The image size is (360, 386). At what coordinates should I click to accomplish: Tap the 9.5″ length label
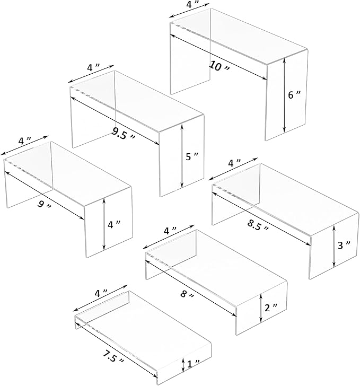(x=122, y=133)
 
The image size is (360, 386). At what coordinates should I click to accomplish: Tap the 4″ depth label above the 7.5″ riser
(x=102, y=293)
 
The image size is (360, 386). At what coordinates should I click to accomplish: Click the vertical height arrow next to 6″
(x=285, y=95)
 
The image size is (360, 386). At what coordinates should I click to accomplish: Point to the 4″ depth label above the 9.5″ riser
(x=94, y=68)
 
